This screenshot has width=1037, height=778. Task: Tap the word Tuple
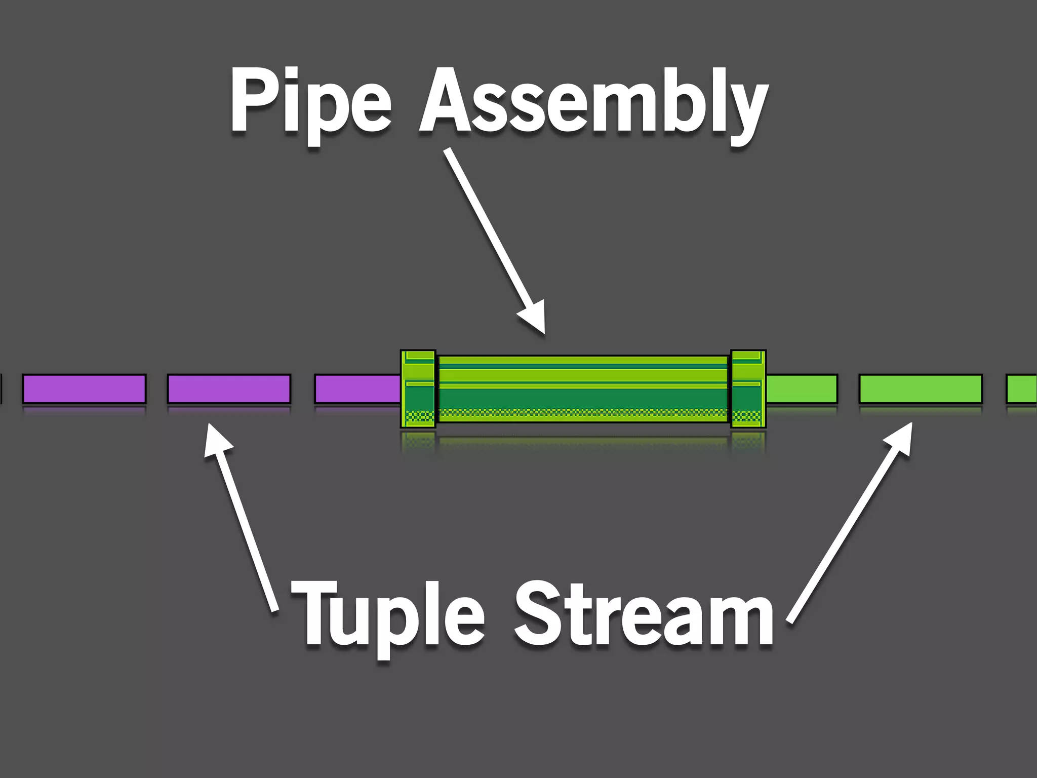(x=387, y=615)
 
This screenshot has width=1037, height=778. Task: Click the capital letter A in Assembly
(x=446, y=101)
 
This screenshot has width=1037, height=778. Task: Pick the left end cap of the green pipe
(x=418, y=388)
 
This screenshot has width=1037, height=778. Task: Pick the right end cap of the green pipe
(x=748, y=388)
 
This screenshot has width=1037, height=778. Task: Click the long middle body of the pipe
(x=582, y=388)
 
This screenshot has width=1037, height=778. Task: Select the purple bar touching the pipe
(x=357, y=388)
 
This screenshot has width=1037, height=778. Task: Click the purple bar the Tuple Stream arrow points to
(x=229, y=388)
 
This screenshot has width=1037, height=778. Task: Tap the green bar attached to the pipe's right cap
(x=801, y=388)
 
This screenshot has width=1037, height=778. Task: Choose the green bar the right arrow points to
(x=921, y=388)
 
